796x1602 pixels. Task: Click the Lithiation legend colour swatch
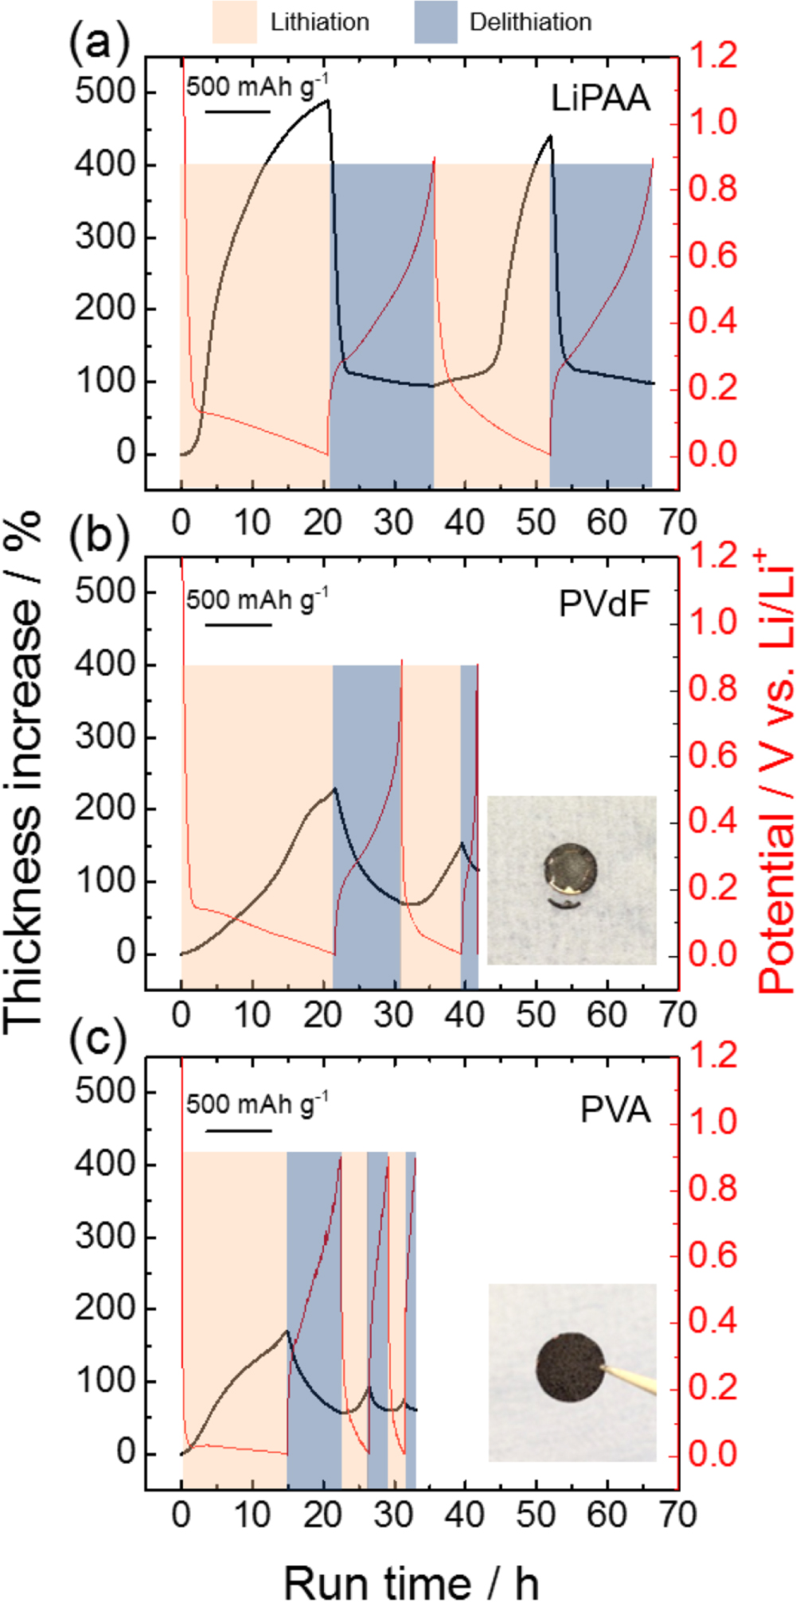(234, 21)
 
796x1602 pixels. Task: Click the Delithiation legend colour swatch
(435, 21)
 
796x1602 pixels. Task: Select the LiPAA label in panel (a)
(601, 99)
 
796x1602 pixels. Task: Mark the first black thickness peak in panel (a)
(326, 100)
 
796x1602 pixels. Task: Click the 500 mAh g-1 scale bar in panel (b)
(239, 624)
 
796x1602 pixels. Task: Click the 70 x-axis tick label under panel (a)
(677, 523)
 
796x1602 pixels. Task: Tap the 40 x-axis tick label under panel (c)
(464, 1515)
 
